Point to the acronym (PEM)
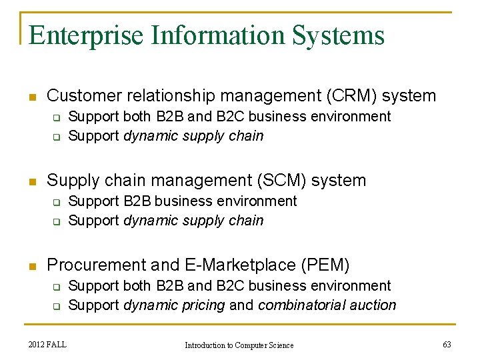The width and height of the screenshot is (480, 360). click(325, 265)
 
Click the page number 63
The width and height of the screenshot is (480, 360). click(447, 344)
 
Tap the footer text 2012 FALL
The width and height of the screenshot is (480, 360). click(48, 344)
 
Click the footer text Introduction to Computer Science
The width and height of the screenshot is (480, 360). click(239, 345)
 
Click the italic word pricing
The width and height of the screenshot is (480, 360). click(203, 305)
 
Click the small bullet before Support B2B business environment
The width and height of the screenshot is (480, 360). click(57, 202)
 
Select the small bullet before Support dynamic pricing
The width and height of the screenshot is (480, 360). click(57, 307)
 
